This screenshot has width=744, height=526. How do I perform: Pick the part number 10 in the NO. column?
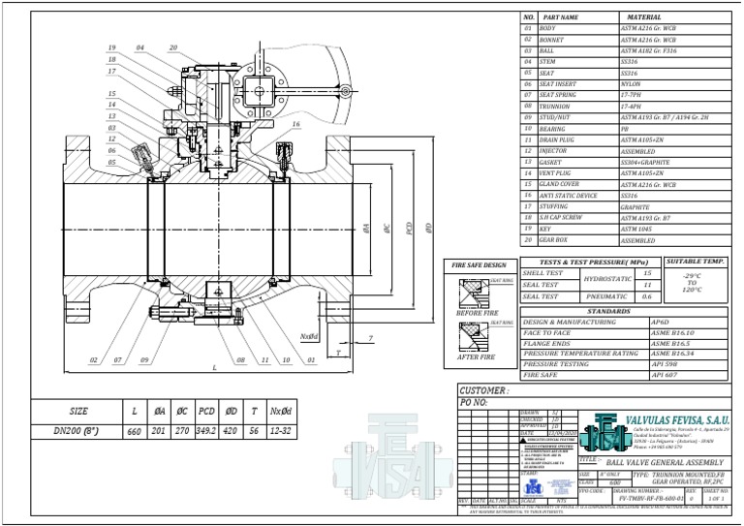pyautogui.click(x=529, y=128)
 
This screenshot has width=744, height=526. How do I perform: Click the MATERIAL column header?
pyautogui.click(x=644, y=17)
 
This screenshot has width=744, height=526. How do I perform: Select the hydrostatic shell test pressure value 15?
pyautogui.click(x=647, y=273)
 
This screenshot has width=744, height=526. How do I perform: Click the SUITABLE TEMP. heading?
pyautogui.click(x=696, y=262)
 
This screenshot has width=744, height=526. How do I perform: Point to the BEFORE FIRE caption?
pyautogui.click(x=476, y=314)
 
